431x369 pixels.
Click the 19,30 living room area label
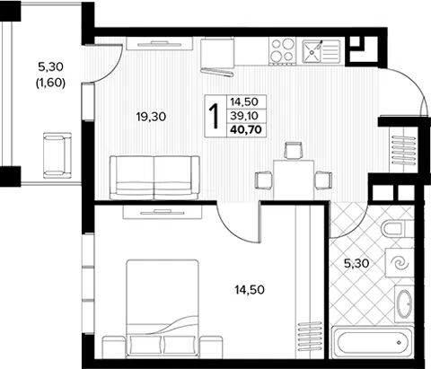(151, 117)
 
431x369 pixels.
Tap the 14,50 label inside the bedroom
(250, 290)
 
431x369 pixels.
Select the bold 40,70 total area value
(246, 129)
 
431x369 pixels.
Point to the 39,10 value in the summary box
(244, 115)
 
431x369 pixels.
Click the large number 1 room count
(215, 116)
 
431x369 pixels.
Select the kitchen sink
(321, 52)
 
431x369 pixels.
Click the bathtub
(373, 342)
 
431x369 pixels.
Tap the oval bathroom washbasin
(404, 304)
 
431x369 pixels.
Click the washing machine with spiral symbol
(400, 263)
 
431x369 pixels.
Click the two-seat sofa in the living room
(154, 178)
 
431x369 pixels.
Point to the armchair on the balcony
(57, 155)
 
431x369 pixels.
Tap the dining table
(294, 180)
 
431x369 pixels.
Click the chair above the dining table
(294, 151)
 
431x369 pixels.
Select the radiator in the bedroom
(309, 337)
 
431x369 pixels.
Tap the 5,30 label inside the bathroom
(356, 264)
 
